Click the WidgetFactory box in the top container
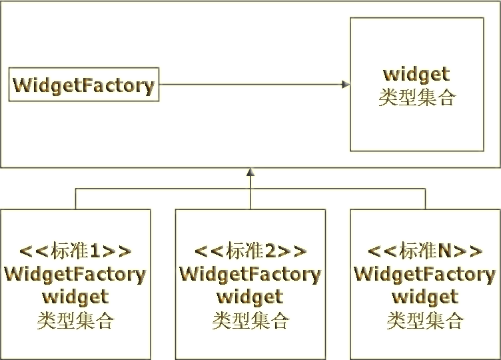pos(83,85)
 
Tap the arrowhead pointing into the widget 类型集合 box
pos(344,84)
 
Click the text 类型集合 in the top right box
pos(416,97)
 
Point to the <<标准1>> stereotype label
pos(75,251)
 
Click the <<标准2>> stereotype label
pos(250,251)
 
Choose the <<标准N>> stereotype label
pos(425,251)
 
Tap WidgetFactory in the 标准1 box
pos(75,274)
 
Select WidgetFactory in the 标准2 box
pos(250,274)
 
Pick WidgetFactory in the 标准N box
pos(425,274)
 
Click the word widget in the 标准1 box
pos(75,297)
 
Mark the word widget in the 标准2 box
pos(250,297)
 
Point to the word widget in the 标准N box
pos(425,297)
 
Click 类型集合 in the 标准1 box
pos(75,321)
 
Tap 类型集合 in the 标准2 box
pos(250,321)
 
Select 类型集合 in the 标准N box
pos(425,321)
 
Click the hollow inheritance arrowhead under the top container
pos(250,174)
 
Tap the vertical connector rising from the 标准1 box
pos(75,199)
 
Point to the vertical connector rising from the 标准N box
pos(425,199)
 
